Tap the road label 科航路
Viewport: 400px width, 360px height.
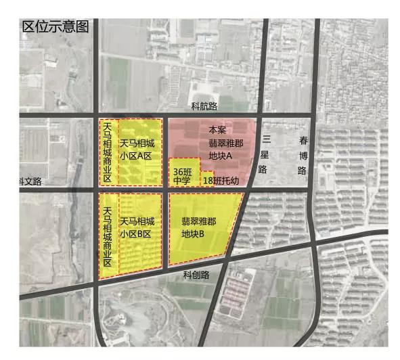[204, 106]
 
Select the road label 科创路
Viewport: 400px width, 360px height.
[196, 275]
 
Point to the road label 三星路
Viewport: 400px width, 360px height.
[265, 154]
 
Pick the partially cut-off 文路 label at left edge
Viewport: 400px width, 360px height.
[30, 181]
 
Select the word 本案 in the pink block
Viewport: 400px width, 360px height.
[217, 129]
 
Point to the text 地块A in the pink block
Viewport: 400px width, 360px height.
[221, 156]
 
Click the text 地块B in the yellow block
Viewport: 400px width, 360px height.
[194, 233]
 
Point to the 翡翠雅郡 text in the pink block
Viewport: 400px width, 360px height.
[225, 143]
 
